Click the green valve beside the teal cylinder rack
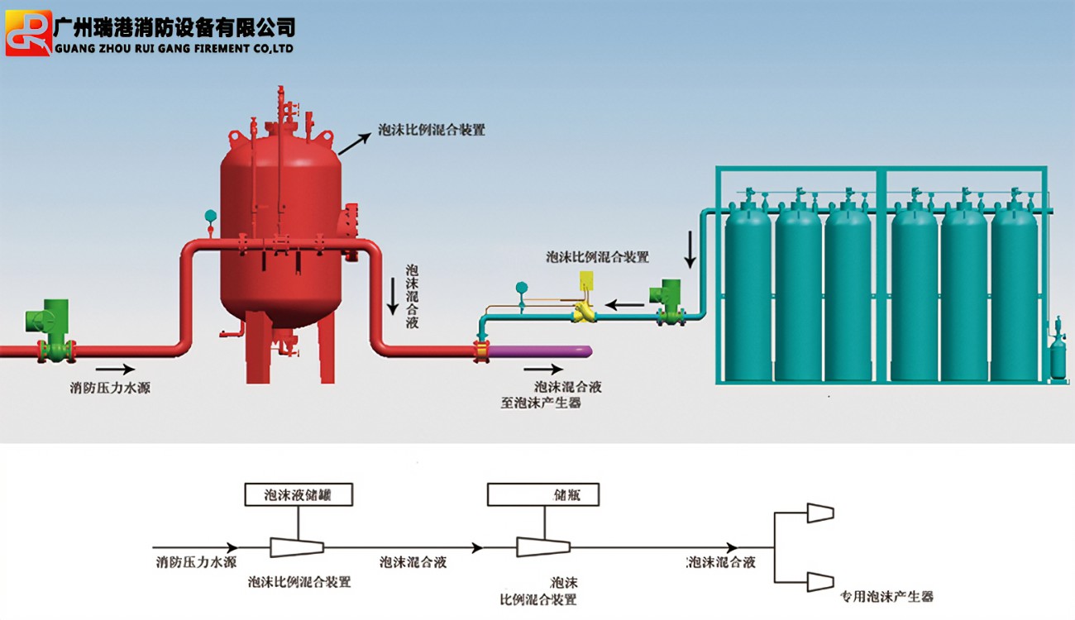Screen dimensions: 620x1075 666,302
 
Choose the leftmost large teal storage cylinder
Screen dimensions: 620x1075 748,289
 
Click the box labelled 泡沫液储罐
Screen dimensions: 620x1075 299,494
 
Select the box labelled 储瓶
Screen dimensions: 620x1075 543,494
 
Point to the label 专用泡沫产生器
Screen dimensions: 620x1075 886,596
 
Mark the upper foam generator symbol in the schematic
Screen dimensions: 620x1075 819,513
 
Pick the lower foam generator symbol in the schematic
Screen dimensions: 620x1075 819,581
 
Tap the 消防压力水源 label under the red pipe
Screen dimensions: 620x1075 110,387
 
